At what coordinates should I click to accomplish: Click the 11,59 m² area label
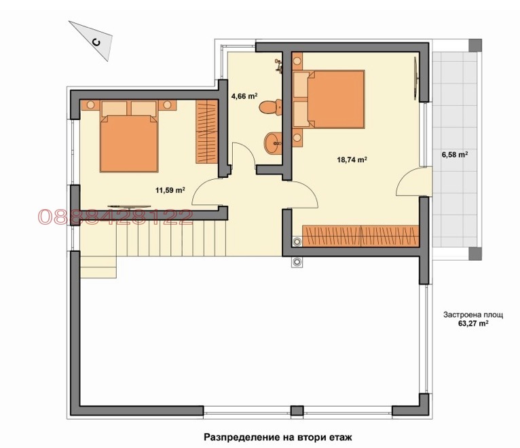170,191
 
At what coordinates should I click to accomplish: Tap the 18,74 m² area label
352,160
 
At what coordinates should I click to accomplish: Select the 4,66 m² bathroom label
244,96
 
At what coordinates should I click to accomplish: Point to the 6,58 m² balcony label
454,155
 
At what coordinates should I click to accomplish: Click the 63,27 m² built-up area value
473,324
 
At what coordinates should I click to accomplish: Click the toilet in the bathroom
271,107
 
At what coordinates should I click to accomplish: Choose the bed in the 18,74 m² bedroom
329,100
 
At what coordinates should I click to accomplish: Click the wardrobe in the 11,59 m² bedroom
206,132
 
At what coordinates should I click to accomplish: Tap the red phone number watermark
115,217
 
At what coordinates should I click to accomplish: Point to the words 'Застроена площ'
472,315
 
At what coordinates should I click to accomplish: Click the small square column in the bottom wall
295,411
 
